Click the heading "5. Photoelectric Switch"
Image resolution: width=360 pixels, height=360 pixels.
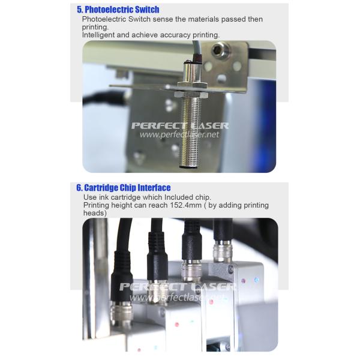pyautogui.click(x=118, y=10)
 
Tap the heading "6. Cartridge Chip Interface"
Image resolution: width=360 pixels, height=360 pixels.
pyautogui.click(x=124, y=188)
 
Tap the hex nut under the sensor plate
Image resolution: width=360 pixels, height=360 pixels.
pyautogui.click(x=191, y=94)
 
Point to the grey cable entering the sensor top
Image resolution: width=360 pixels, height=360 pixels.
pyautogui.click(x=194, y=50)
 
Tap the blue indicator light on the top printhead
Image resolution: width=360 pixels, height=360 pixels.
pyautogui.click(x=256, y=280)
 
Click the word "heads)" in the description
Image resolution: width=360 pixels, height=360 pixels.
pyautogui.click(x=95, y=213)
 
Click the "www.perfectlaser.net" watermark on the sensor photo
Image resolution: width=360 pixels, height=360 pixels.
pyautogui.click(x=179, y=134)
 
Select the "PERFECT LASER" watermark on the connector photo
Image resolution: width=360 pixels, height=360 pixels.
pyautogui.click(x=177, y=287)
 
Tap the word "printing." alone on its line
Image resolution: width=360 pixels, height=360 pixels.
pyautogui.click(x=95, y=27)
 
